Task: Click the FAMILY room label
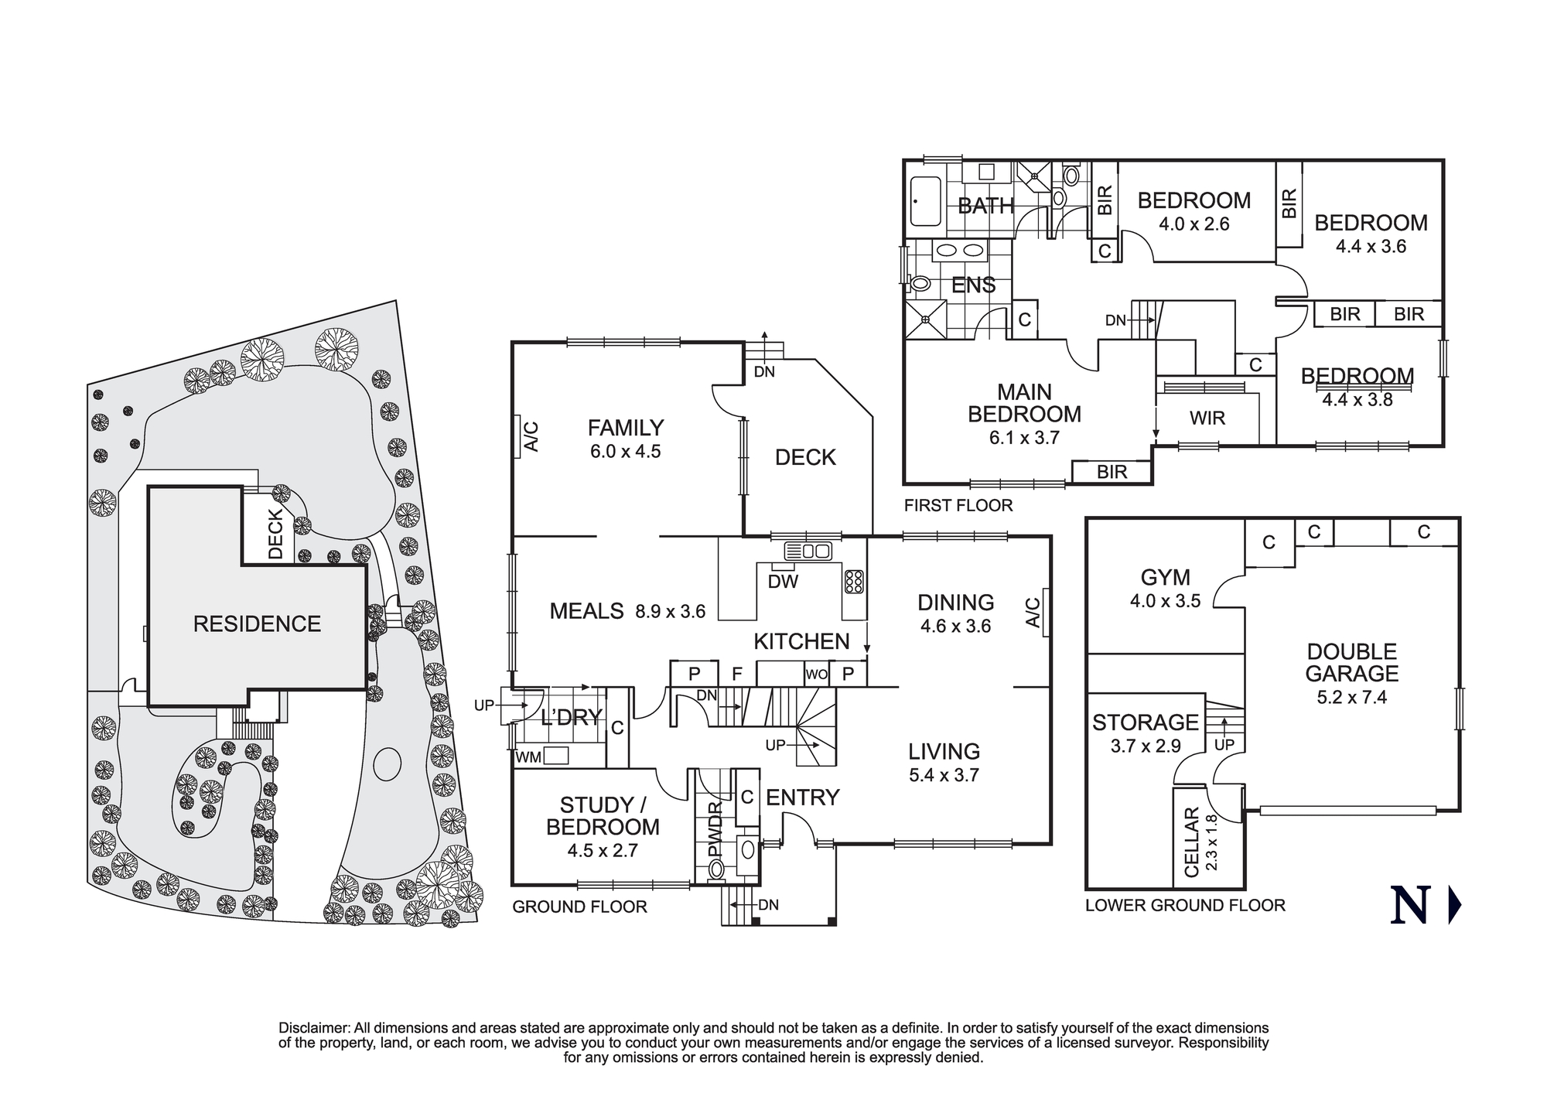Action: coord(625,428)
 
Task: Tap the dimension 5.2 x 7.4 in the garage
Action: coord(1351,697)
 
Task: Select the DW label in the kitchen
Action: coord(783,582)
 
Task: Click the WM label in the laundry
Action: coord(528,757)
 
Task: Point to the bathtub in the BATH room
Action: coord(925,202)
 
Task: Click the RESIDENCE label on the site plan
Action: coord(257,623)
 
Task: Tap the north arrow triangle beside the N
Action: coord(1454,906)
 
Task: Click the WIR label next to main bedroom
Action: coord(1207,418)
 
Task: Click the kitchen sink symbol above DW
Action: coord(808,552)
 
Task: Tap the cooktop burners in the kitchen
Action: coord(854,582)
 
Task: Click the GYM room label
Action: coord(1165,577)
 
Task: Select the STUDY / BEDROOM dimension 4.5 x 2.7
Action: coord(602,850)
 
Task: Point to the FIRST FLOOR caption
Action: coord(958,505)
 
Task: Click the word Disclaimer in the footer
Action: coord(314,1028)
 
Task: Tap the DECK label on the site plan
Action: coord(276,534)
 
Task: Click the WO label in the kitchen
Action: coord(816,675)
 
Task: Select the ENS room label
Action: coord(973,285)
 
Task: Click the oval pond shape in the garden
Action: coord(387,764)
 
